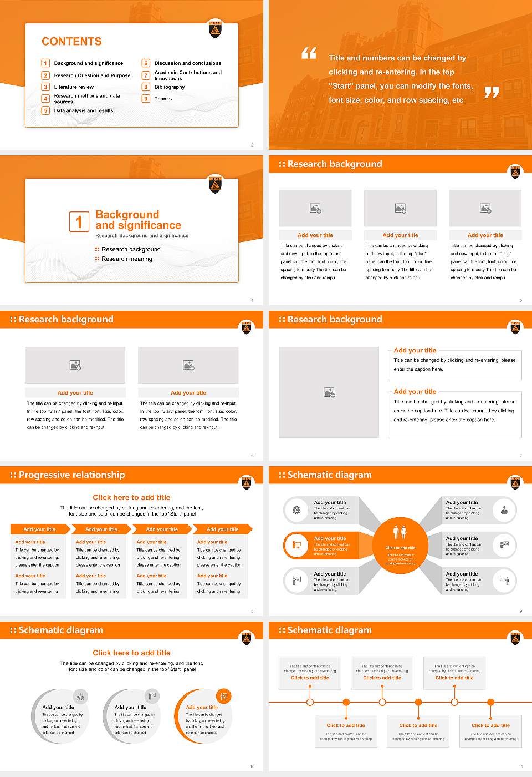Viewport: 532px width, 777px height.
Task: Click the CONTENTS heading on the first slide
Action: (71, 42)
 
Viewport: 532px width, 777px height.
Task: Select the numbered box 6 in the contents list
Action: (146, 63)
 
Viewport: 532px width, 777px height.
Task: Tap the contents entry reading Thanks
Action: (163, 99)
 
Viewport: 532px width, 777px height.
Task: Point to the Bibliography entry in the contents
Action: (170, 87)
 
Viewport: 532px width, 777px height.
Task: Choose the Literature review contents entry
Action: (74, 87)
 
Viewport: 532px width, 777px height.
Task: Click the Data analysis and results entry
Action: (84, 110)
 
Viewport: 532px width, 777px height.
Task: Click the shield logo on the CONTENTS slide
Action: (215, 29)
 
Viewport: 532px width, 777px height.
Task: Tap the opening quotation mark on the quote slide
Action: (309, 53)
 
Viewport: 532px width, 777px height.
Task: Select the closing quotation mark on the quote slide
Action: (492, 93)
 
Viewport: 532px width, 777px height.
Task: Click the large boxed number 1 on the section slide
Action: (79, 221)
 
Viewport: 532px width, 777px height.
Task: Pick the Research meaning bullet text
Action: (127, 259)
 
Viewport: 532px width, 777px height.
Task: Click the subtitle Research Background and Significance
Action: (142, 235)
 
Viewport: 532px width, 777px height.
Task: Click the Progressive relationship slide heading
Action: (71, 475)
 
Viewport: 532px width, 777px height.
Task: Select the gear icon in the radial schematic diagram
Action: (296, 510)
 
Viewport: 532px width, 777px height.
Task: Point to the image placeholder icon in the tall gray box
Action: (329, 392)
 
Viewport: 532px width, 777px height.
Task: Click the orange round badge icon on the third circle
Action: (224, 696)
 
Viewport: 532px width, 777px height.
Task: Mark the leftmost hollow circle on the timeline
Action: (310, 702)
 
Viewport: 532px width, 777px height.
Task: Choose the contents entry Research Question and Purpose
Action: (92, 75)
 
